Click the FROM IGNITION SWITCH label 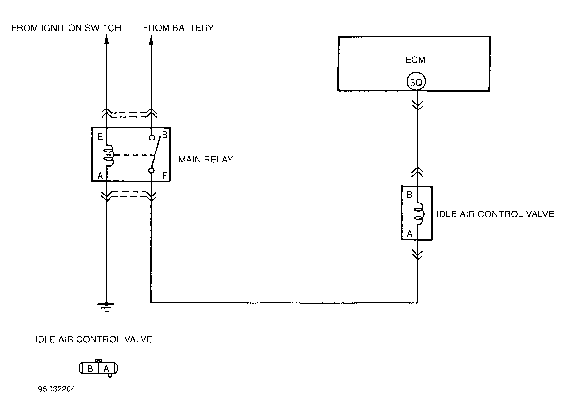66,28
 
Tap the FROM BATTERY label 178,28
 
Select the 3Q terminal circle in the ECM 416,83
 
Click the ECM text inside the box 415,60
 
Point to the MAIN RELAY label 206,160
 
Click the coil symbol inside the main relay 109,156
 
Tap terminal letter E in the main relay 100,137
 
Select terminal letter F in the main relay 165,176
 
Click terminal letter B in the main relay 165,135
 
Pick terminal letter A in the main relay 100,176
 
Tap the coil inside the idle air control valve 419,214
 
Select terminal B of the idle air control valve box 410,195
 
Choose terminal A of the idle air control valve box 410,234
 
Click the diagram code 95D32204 57,389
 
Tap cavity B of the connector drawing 91,369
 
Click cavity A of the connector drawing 106,369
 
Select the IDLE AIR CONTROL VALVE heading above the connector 94,339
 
